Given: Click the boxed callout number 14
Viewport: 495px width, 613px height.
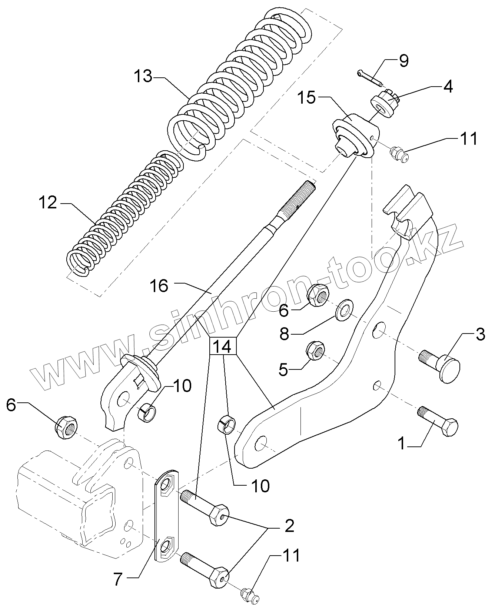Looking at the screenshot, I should (x=223, y=346).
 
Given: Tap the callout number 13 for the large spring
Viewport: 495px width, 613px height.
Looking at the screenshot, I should (x=143, y=77).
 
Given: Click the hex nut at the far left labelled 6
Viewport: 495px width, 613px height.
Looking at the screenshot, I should (x=66, y=427).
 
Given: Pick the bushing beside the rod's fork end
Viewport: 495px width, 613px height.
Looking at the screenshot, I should (x=147, y=413).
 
